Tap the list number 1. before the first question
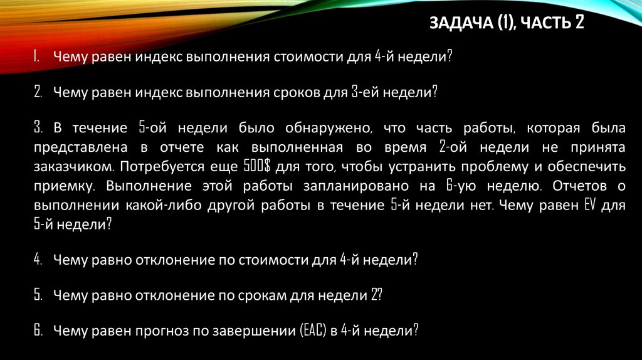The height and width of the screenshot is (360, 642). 37,56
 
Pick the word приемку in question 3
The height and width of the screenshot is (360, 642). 65,187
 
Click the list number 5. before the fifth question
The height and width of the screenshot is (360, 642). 38,295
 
